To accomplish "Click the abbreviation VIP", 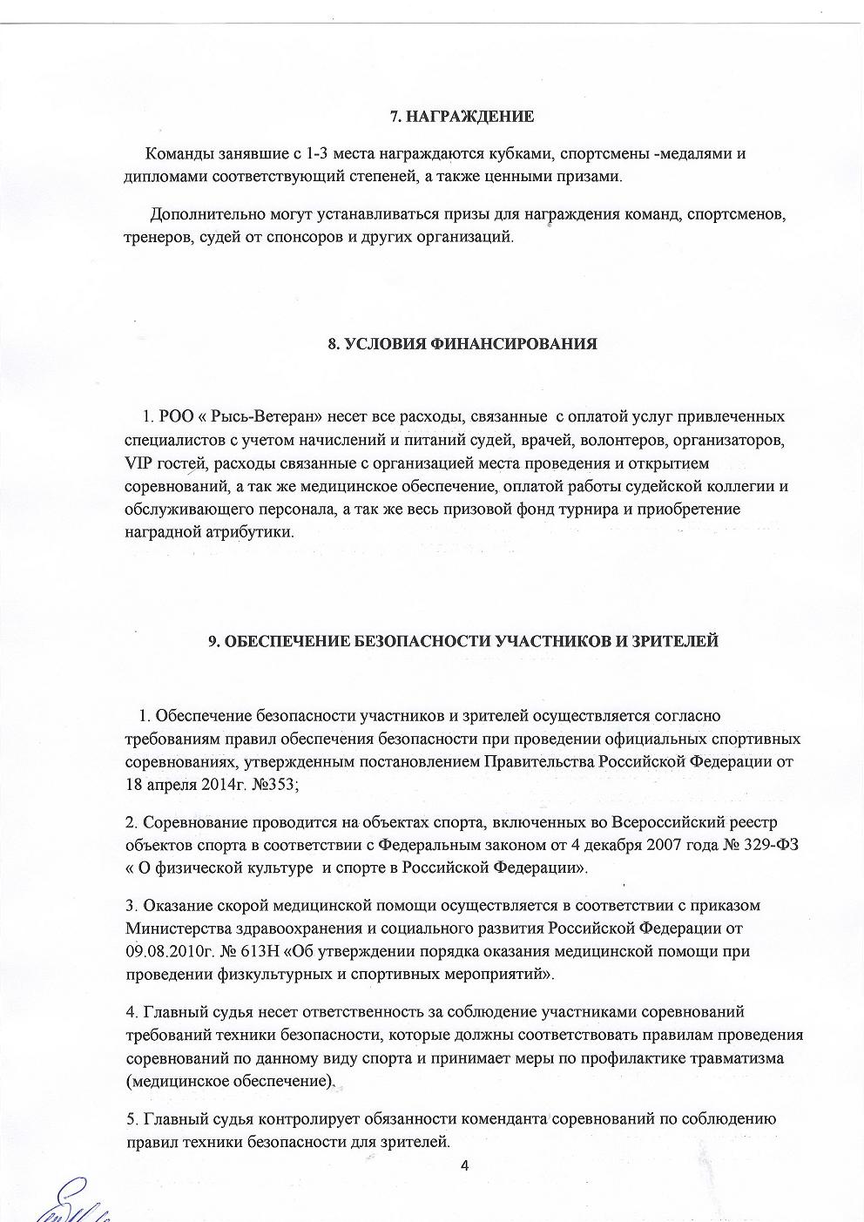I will point(138,462).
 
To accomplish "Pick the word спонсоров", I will point(300,237).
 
